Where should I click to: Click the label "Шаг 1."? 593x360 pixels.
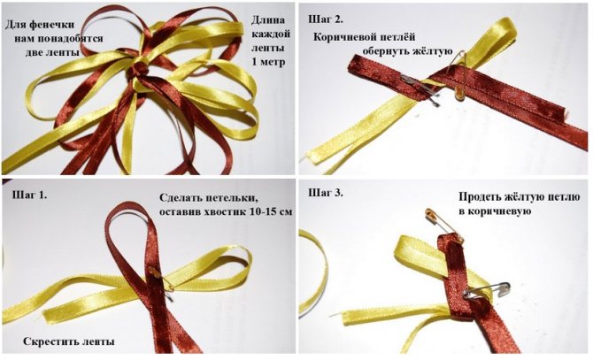[30, 195]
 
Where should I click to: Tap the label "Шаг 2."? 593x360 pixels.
[326, 19]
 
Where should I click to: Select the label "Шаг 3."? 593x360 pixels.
[326, 192]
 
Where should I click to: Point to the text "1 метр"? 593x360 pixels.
[268, 61]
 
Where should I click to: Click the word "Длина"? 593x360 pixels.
[268, 19]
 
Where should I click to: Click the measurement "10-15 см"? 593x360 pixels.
[271, 211]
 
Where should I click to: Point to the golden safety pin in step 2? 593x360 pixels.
[458, 76]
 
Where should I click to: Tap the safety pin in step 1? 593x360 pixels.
[162, 280]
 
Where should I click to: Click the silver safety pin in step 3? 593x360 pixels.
[487, 290]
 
